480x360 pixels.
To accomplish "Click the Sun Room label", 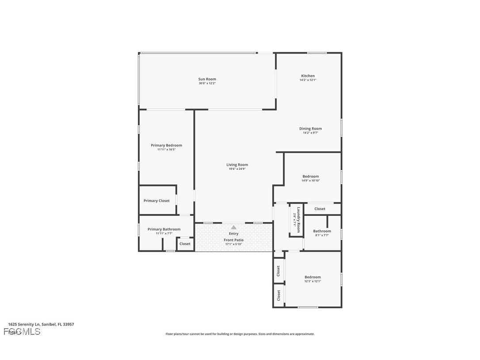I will pyautogui.click(x=207, y=79).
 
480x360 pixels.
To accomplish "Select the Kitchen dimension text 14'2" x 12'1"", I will pyautogui.click(x=308, y=80).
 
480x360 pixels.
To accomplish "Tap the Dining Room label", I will pyautogui.click(x=310, y=129).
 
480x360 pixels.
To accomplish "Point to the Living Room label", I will pyautogui.click(x=237, y=165).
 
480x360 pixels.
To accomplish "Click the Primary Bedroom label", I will pyautogui.click(x=166, y=146).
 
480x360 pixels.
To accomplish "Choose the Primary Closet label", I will pyautogui.click(x=156, y=201).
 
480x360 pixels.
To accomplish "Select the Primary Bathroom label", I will pyautogui.click(x=164, y=229).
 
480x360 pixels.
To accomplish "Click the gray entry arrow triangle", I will pyautogui.click(x=233, y=227).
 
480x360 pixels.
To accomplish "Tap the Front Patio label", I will pyautogui.click(x=233, y=240).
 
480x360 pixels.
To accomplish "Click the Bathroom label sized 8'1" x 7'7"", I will pyautogui.click(x=322, y=231).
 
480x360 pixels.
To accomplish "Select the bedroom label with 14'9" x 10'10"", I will pyautogui.click(x=310, y=176).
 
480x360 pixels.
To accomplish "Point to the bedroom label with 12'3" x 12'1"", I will pyautogui.click(x=312, y=277).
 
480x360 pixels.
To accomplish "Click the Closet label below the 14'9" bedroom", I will pyautogui.click(x=320, y=209).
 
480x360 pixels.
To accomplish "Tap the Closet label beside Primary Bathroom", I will pyautogui.click(x=185, y=244).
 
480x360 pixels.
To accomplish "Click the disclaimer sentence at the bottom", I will pyautogui.click(x=240, y=334).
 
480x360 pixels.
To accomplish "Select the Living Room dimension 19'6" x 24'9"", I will pyautogui.click(x=237, y=169).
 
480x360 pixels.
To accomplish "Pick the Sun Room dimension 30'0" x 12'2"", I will pyautogui.click(x=207, y=83).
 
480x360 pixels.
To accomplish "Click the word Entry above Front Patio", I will pyautogui.click(x=233, y=234).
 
